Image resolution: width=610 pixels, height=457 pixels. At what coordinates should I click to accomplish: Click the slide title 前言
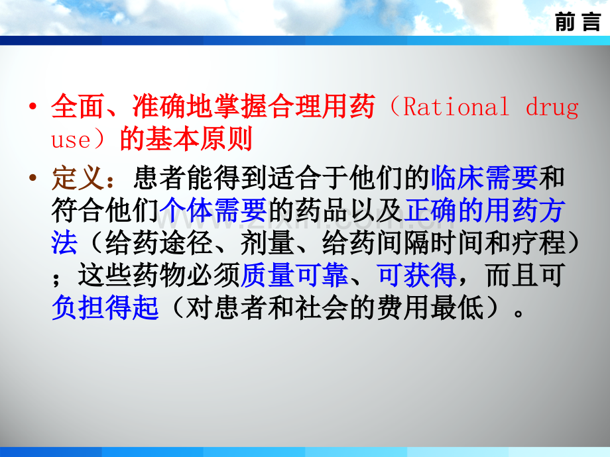pyautogui.click(x=578, y=21)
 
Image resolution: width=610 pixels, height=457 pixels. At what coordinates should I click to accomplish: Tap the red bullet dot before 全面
pyautogui.click(x=32, y=106)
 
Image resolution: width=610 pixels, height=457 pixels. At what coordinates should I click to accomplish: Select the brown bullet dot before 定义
pyautogui.click(x=32, y=178)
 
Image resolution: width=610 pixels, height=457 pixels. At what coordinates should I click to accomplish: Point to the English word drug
pyautogui.click(x=552, y=108)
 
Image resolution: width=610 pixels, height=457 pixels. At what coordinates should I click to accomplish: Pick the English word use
pyautogui.click(x=71, y=140)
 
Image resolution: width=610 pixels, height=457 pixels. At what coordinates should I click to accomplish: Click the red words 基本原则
pyautogui.click(x=200, y=138)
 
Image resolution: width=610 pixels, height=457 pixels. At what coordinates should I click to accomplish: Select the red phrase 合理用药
pyautogui.click(x=322, y=106)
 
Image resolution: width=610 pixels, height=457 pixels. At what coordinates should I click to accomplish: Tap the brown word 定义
pyautogui.click(x=78, y=178)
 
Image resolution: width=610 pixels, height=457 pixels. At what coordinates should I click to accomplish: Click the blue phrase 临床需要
pyautogui.click(x=484, y=178)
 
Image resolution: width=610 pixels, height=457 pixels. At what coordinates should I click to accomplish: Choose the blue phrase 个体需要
pyautogui.click(x=213, y=210)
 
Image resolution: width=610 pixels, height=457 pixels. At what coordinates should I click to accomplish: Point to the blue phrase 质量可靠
pyautogui.click(x=294, y=276)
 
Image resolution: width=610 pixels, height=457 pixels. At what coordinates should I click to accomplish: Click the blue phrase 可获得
pyautogui.click(x=416, y=276)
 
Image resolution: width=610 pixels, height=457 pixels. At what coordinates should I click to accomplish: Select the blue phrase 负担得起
pyautogui.click(x=105, y=308)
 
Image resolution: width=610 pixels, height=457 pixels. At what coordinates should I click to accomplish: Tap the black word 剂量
pyautogui.click(x=267, y=243)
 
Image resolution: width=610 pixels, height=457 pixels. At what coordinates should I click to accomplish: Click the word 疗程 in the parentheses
pyautogui.click(x=538, y=243)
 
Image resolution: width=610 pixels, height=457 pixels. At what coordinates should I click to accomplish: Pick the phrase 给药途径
pyautogui.click(x=158, y=243)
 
